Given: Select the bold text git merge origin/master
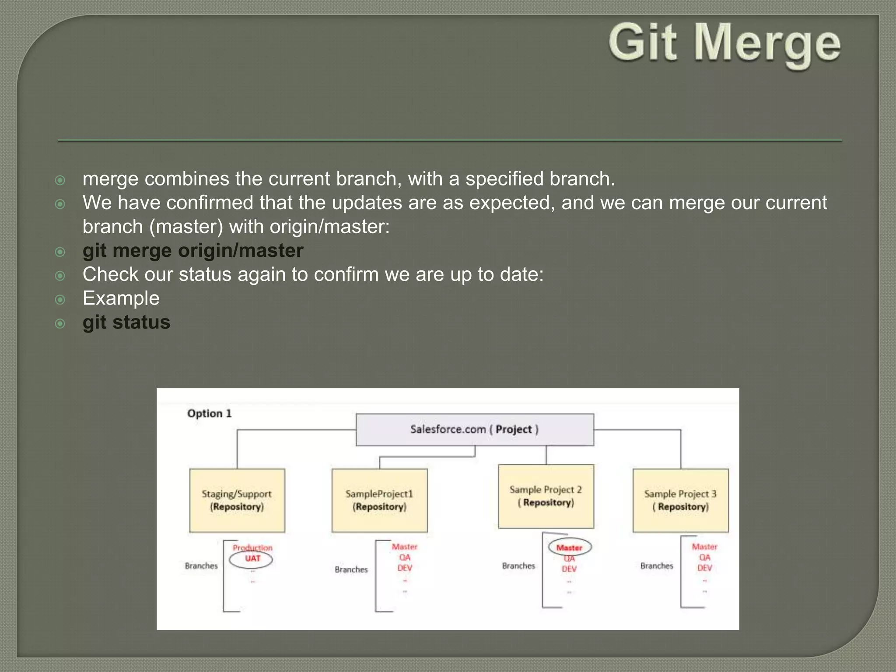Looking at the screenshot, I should pyautogui.click(x=192, y=251).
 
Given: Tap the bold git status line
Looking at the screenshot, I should pyautogui.click(x=126, y=322).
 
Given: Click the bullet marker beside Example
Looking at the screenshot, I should pyautogui.click(x=60, y=300).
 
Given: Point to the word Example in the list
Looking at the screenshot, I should pyautogui.click(x=121, y=298).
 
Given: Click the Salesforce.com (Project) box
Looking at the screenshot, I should pyautogui.click(x=474, y=430).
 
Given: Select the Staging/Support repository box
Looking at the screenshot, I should pyautogui.click(x=237, y=500).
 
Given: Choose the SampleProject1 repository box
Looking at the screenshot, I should pyautogui.click(x=379, y=500).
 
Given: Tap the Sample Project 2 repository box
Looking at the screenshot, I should pyautogui.click(x=546, y=496).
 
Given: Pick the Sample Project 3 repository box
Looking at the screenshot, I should pyautogui.click(x=680, y=500).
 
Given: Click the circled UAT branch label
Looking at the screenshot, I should pyautogui.click(x=252, y=559).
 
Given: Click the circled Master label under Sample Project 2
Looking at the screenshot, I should pyautogui.click(x=569, y=548).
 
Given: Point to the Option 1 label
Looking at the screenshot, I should pyautogui.click(x=209, y=413).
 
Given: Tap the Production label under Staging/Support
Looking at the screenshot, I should pyautogui.click(x=252, y=548).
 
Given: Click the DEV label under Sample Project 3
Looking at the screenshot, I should pyautogui.click(x=704, y=568).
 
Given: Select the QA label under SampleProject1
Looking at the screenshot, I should pyautogui.click(x=405, y=557).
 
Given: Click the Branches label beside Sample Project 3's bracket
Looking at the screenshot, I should pyautogui.click(x=656, y=566).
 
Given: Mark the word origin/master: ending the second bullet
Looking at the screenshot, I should pyautogui.click(x=329, y=227).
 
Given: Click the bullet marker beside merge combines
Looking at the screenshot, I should pyautogui.click(x=60, y=180).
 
